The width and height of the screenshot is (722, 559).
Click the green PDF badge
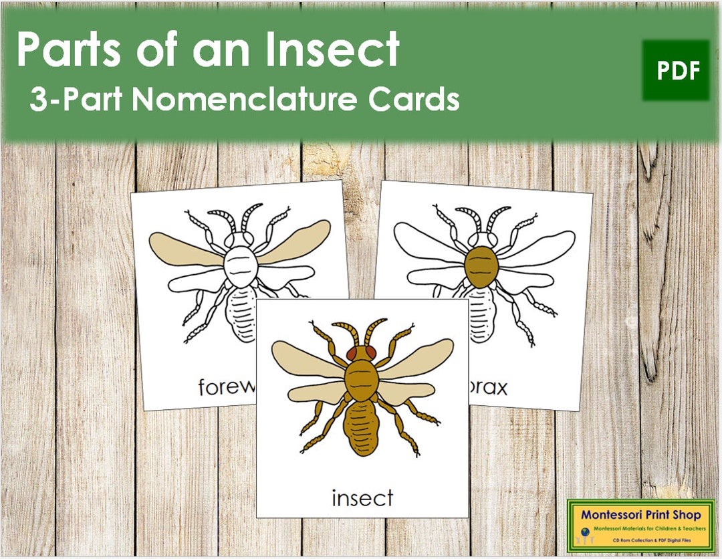(676, 70)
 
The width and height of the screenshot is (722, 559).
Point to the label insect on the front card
(362, 497)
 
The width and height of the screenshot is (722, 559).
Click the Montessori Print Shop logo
(640, 525)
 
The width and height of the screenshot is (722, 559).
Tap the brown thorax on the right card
(481, 266)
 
